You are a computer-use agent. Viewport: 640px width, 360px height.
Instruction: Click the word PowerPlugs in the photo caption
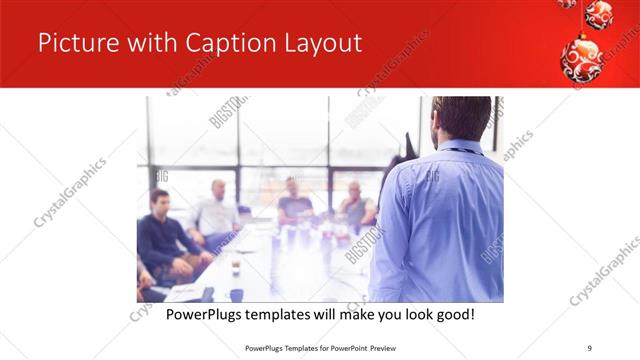click(205, 315)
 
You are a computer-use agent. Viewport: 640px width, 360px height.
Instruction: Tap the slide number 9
click(590, 347)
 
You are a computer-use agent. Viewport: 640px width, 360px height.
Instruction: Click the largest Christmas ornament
click(581, 61)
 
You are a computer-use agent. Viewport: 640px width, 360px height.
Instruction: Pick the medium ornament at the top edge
click(599, 13)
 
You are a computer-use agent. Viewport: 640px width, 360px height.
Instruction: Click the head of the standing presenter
click(458, 118)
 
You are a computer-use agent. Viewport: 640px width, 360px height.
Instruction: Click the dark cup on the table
click(236, 267)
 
